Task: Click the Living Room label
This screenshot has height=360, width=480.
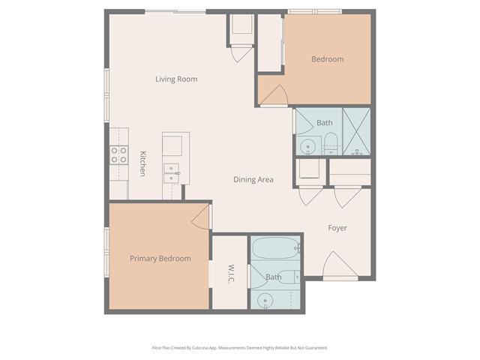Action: [176, 79]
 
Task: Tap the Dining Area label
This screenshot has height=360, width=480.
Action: [253, 179]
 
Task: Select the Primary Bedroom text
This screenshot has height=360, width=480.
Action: [160, 259]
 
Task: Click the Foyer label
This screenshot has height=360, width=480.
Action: [337, 228]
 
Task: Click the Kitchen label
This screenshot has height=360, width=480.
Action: [142, 163]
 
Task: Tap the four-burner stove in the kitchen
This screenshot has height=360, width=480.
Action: [119, 155]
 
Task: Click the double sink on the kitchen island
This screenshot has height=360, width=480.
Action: [172, 173]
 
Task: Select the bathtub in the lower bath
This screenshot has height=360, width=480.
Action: [275, 248]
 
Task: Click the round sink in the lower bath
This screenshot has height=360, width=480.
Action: [265, 301]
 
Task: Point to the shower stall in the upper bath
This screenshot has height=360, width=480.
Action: [356, 131]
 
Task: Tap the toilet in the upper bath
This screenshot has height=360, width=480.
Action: [330, 144]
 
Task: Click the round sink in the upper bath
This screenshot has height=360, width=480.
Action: [307, 147]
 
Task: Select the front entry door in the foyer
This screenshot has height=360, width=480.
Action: [340, 265]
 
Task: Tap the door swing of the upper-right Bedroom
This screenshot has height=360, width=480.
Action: [274, 95]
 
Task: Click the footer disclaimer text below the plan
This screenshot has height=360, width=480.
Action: [240, 348]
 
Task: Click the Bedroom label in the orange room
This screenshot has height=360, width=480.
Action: [328, 59]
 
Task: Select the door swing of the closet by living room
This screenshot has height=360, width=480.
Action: [241, 54]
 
